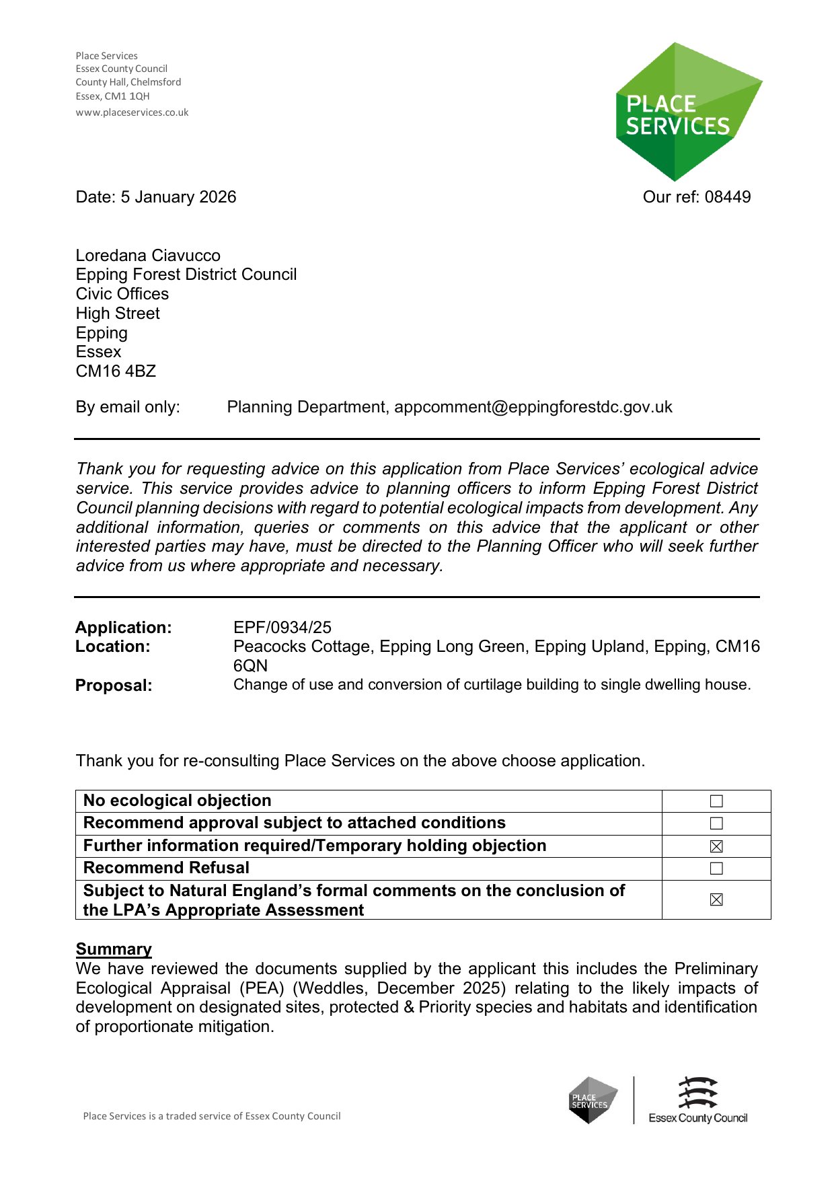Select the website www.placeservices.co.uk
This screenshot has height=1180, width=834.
[132, 112]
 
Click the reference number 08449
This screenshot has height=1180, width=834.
[728, 197]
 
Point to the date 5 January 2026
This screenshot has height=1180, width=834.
[178, 197]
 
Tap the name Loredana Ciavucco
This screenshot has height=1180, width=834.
[148, 256]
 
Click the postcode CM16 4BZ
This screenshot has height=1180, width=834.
[116, 371]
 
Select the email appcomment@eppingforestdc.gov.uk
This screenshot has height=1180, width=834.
[533, 407]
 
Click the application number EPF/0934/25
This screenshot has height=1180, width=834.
[282, 628]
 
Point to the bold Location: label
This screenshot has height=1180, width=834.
[113, 647]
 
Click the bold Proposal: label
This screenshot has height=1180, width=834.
[114, 686]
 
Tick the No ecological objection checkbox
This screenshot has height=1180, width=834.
[716, 801]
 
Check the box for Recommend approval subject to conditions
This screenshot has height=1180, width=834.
[716, 823]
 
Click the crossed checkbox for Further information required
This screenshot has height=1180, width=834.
[716, 846]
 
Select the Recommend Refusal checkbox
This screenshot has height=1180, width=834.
[716, 869]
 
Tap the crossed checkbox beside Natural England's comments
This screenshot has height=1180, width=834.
[716, 900]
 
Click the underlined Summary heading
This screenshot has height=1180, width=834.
[114, 949]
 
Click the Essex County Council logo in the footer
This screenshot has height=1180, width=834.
[697, 1100]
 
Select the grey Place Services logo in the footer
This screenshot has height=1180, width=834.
[593, 1100]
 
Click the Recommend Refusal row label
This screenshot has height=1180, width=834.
[166, 868]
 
